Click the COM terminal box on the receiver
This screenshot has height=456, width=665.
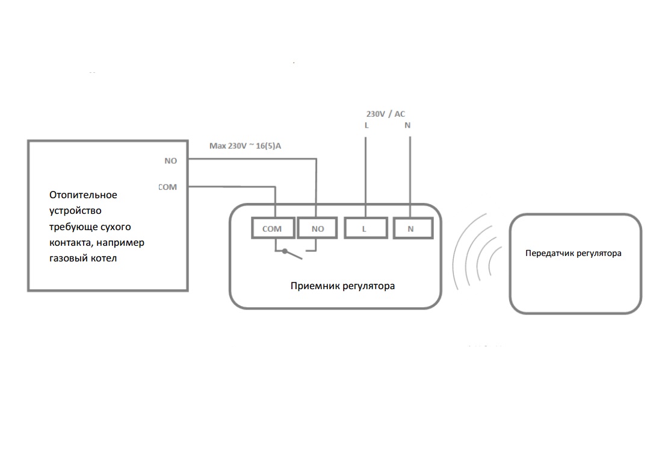(272, 228)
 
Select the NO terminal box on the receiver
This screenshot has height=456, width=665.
(318, 228)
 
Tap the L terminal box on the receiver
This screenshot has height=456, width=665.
(364, 228)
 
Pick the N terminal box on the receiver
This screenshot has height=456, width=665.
(411, 228)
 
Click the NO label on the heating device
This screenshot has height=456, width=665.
(171, 161)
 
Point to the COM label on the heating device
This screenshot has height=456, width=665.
(168, 187)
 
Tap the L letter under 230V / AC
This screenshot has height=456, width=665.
(366, 126)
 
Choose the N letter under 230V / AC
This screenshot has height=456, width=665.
(408, 126)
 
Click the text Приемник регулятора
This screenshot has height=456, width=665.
(342, 286)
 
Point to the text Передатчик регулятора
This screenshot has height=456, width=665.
(573, 254)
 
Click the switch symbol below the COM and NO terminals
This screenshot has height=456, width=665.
(294, 254)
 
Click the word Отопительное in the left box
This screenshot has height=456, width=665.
(83, 195)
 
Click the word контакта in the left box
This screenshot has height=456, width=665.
(70, 243)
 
